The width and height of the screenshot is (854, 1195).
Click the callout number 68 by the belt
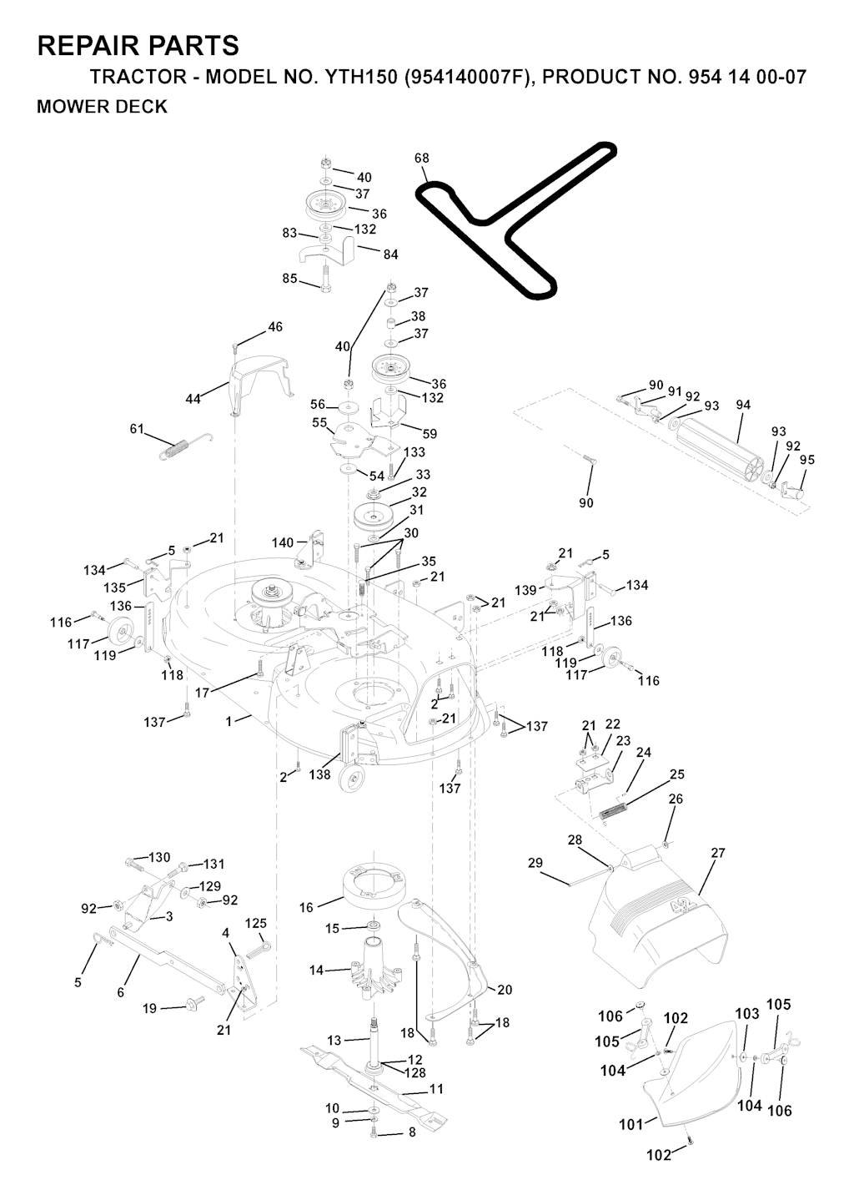point(422,158)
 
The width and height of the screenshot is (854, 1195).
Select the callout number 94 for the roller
point(743,405)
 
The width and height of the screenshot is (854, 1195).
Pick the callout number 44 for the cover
point(193,399)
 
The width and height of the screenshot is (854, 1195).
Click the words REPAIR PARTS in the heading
point(138,45)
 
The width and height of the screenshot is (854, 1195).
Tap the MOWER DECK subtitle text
point(103,107)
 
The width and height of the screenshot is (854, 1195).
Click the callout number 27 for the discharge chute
point(718,853)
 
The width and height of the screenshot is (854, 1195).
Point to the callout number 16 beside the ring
point(306,907)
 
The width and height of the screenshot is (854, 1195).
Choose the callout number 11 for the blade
point(436,1089)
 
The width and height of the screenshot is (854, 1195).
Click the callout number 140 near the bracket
point(283,542)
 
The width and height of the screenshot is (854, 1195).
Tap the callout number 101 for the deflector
point(630,1124)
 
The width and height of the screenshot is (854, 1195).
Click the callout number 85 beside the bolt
point(289,279)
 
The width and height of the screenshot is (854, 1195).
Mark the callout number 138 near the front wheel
point(319,774)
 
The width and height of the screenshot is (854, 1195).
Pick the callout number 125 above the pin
point(256,923)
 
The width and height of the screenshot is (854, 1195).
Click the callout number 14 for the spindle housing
point(316,971)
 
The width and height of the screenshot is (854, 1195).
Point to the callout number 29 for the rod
point(535,862)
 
